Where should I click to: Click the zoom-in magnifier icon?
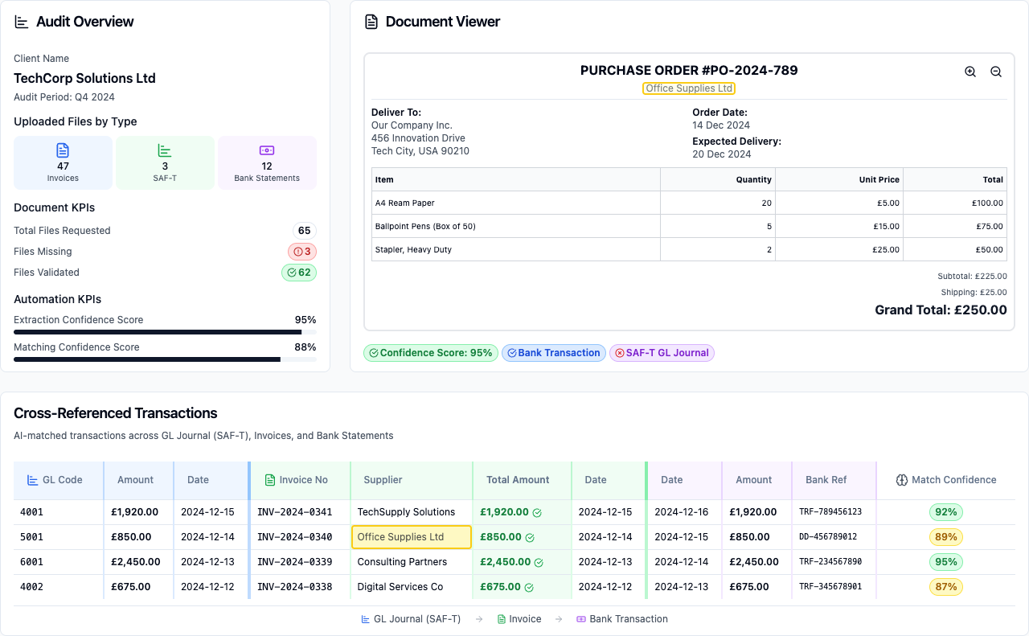pyautogui.click(x=970, y=72)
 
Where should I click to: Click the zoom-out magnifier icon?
pyautogui.click(x=996, y=72)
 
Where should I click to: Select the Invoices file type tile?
pyautogui.click(x=63, y=162)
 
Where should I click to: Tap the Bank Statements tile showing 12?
pyautogui.click(x=267, y=162)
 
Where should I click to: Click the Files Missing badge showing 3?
pyautogui.click(x=302, y=252)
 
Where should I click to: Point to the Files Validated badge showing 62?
pyautogui.click(x=299, y=273)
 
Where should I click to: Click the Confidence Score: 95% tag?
pyautogui.click(x=430, y=353)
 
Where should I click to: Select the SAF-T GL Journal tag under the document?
pyautogui.click(x=662, y=353)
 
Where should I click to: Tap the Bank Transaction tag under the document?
pyautogui.click(x=553, y=353)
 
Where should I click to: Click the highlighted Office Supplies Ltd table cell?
pyautogui.click(x=411, y=537)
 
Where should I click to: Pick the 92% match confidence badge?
pyautogui.click(x=945, y=512)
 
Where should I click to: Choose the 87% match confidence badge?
pyautogui.click(x=945, y=587)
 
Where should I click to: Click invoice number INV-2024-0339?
pyautogui.click(x=294, y=562)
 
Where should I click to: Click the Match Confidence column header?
pyautogui.click(x=945, y=480)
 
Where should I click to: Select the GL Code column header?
pyautogui.click(x=55, y=480)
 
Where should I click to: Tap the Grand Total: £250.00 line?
pyautogui.click(x=941, y=310)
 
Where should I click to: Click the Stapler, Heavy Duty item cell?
pyautogui.click(x=413, y=250)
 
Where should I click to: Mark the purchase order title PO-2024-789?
pyautogui.click(x=689, y=71)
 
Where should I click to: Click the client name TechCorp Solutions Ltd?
pyautogui.click(x=84, y=79)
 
